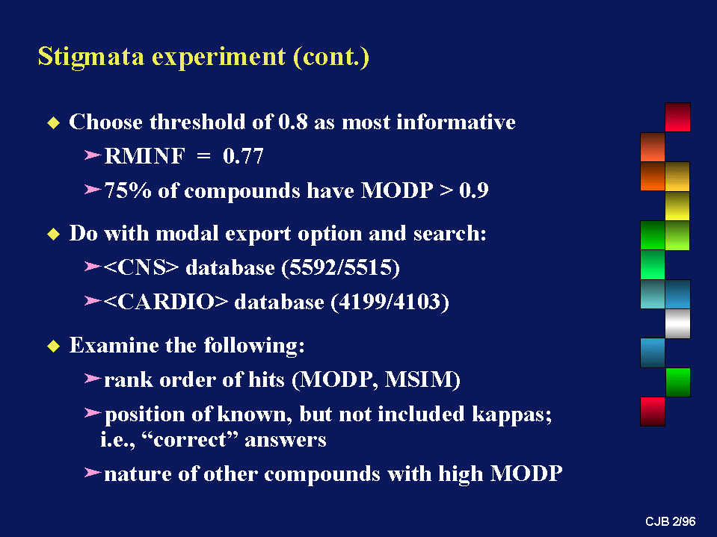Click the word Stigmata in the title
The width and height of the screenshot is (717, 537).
pos(91,57)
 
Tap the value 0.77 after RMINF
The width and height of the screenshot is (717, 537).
pos(243,156)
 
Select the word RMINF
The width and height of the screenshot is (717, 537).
pos(145,156)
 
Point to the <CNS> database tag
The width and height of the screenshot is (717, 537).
pos(141,267)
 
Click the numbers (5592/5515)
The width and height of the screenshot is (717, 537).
pos(341,267)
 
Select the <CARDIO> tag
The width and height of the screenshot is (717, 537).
pos(165,302)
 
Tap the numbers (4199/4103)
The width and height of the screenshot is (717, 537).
pos(390,302)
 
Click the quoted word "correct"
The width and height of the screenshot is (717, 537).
pos(190,440)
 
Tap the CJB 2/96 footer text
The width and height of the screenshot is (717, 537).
pos(671,521)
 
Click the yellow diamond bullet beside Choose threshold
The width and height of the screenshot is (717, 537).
pos(54,122)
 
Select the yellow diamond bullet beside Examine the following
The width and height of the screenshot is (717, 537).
pos(54,346)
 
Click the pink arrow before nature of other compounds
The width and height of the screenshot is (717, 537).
pos(93,472)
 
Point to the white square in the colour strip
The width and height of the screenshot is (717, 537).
pos(677,323)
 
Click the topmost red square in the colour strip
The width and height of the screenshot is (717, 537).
pos(677,117)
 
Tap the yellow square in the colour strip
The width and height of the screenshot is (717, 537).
pos(677,206)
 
